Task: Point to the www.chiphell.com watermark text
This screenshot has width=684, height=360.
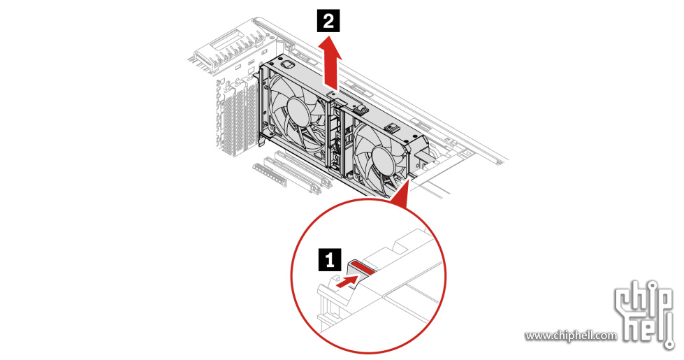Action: click(571, 336)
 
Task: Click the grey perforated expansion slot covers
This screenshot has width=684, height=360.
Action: click(237, 119)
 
